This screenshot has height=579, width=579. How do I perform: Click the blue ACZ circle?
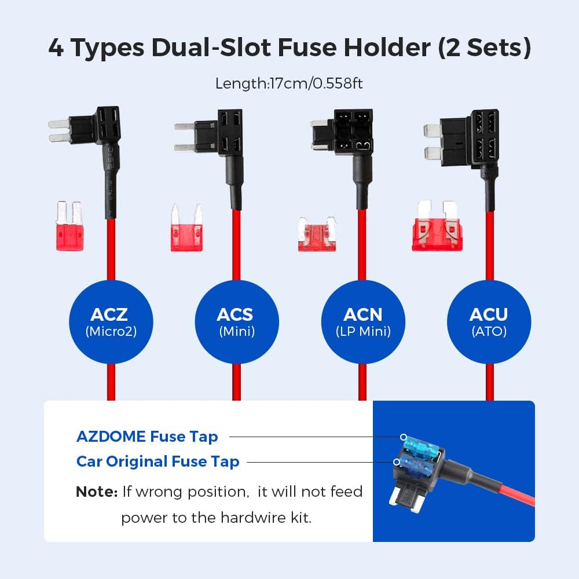point(110,321)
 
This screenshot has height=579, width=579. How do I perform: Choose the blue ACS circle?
point(236,321)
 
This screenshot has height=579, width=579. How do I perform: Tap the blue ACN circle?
point(363,321)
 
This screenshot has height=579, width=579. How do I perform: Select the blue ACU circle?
point(489,321)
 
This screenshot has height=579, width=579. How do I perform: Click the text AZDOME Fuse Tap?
point(147,437)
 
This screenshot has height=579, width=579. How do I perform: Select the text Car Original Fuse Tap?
point(157,461)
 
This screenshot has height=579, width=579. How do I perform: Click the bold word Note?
point(96,492)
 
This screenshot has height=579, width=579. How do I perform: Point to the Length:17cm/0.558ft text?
point(289,83)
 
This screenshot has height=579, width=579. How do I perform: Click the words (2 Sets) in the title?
point(484,47)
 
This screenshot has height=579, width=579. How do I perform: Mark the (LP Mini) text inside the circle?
point(363,332)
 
